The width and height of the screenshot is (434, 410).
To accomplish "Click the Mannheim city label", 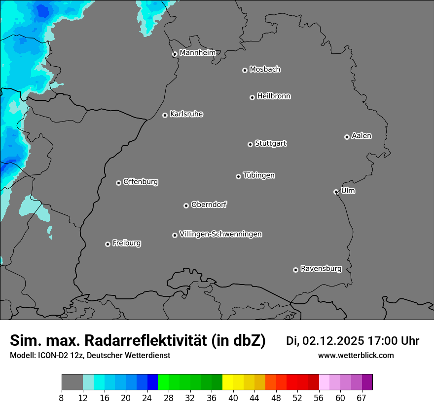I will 197,52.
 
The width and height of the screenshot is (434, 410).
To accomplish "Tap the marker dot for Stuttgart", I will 250,144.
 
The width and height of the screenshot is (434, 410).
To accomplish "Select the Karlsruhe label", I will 186,114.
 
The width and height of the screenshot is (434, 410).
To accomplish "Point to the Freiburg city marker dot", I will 108,244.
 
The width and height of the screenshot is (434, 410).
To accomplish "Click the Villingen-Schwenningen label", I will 220,234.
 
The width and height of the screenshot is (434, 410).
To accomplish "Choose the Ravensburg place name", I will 321,269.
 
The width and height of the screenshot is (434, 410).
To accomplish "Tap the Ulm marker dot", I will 336,192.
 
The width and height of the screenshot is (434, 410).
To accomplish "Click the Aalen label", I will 362,135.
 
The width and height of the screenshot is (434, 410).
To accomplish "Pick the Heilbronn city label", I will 274,96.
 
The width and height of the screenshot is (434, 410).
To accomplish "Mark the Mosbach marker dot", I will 245,70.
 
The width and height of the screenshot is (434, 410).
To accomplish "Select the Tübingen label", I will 259,175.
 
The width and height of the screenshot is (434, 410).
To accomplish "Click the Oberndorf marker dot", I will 186,205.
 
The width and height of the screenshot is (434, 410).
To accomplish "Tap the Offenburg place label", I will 141,181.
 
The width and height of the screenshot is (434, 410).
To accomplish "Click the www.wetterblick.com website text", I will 356,355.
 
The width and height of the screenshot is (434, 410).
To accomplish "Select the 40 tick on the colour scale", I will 233,398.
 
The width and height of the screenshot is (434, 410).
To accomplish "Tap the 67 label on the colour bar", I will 362,398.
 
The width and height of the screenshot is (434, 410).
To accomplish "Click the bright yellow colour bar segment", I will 227,382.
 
